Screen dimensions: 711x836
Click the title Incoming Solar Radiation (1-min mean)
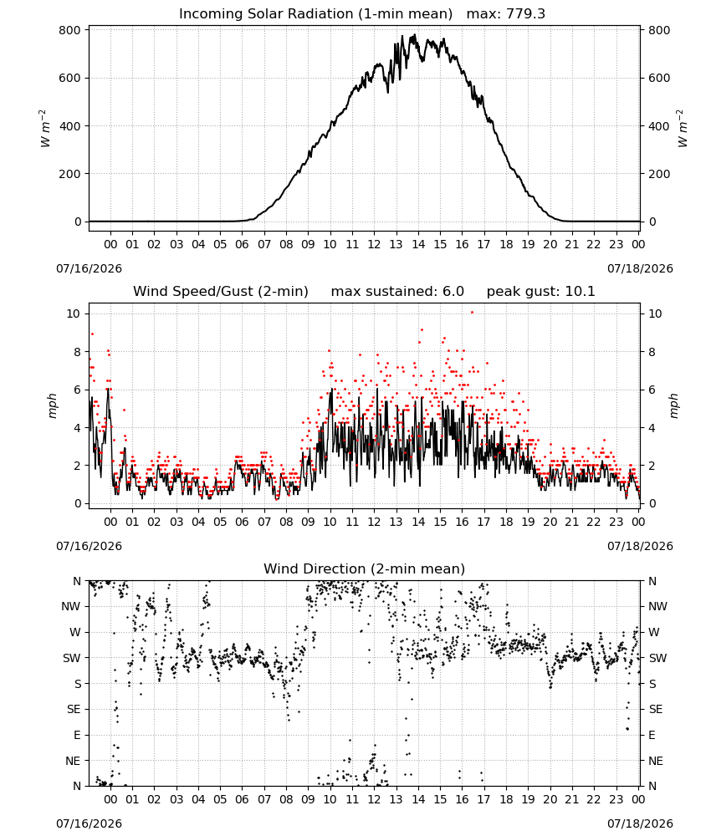(315, 14)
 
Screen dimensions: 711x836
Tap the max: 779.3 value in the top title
(506, 14)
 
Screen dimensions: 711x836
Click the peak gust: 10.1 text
(541, 292)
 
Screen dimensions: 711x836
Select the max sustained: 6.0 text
(397, 292)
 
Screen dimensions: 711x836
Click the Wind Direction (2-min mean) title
(365, 568)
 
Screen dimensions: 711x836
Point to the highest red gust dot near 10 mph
(472, 313)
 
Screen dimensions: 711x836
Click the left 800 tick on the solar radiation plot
(70, 30)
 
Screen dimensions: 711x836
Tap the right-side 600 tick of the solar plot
(659, 79)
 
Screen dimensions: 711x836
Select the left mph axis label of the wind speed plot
(52, 405)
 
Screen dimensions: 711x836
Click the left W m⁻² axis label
(45, 129)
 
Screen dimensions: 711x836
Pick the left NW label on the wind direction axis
(71, 607)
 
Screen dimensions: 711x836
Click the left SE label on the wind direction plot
(74, 710)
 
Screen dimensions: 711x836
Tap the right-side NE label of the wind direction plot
(656, 761)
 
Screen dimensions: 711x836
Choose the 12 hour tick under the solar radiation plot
(374, 244)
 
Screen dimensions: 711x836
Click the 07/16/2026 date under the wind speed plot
(89, 546)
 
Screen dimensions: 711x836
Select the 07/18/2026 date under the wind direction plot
(640, 823)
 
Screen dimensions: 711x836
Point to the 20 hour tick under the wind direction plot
(550, 799)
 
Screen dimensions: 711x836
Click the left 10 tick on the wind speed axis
(74, 313)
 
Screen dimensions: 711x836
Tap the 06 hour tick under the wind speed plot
(242, 522)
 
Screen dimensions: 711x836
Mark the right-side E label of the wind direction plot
(652, 735)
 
